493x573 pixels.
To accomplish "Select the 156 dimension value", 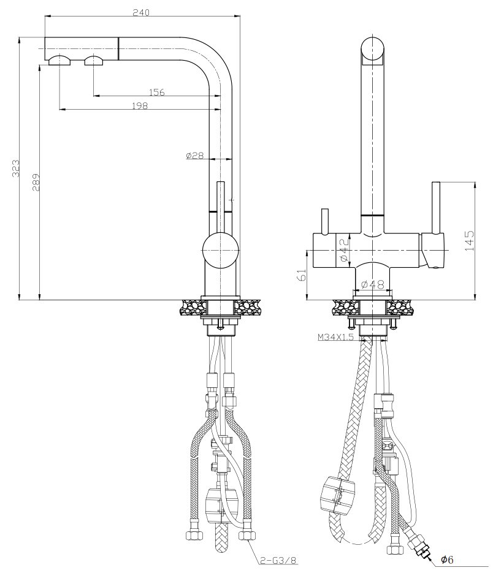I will point(157,93).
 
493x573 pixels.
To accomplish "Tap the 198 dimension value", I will point(140,106).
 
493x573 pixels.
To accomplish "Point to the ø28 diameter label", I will point(194,156).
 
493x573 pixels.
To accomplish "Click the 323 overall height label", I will point(17,169).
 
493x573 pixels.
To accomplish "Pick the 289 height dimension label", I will point(36,182).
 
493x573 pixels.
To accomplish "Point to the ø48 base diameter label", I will point(372,284).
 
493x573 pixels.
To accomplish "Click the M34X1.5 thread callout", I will point(335,337).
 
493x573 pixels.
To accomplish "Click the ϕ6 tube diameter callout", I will point(447,560).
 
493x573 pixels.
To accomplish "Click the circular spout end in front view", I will point(373,50).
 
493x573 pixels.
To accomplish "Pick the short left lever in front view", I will point(323,221).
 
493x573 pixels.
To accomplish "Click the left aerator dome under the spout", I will point(59,60).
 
